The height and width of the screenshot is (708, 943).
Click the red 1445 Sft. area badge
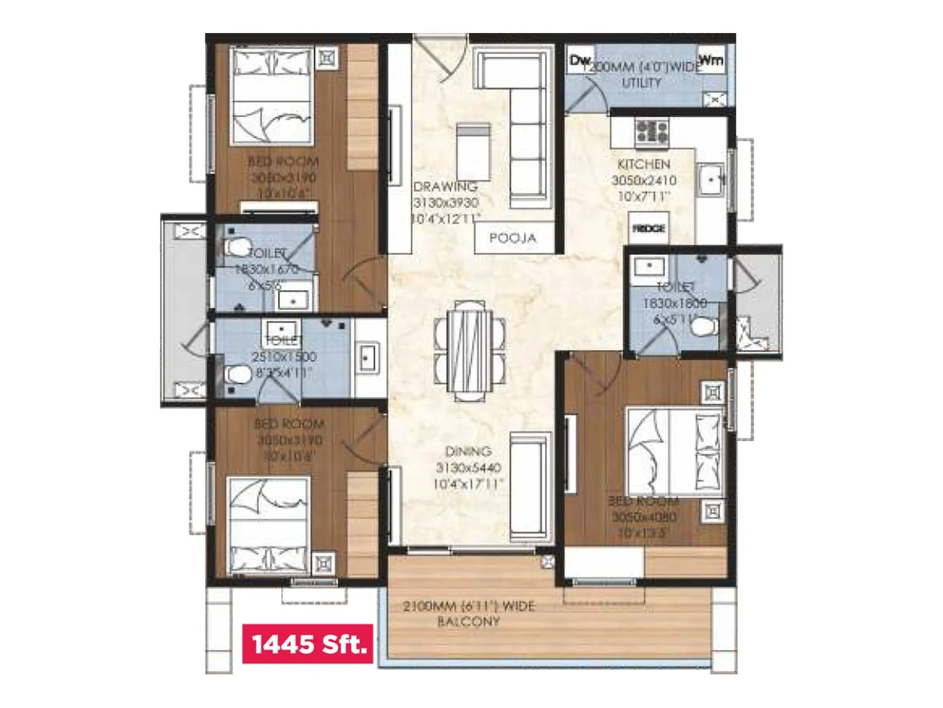308,644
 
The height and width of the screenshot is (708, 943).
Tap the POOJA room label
513,238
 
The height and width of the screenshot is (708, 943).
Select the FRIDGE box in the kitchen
648,228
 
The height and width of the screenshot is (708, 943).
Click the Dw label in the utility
580,60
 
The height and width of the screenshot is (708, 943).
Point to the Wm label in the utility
711,60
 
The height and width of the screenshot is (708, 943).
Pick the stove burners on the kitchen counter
651,131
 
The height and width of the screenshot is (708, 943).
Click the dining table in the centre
470,350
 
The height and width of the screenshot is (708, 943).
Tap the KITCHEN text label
644,164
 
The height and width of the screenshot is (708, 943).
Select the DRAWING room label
446,187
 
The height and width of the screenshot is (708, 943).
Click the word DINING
469,451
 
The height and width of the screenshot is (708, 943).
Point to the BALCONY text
469,622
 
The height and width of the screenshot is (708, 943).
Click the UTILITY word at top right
641,83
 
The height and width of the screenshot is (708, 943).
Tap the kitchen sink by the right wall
711,179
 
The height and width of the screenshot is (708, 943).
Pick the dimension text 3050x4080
644,517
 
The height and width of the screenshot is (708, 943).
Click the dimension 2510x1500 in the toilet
284,357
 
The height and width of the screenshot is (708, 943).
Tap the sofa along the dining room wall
530,487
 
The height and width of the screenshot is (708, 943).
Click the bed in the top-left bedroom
271,97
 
